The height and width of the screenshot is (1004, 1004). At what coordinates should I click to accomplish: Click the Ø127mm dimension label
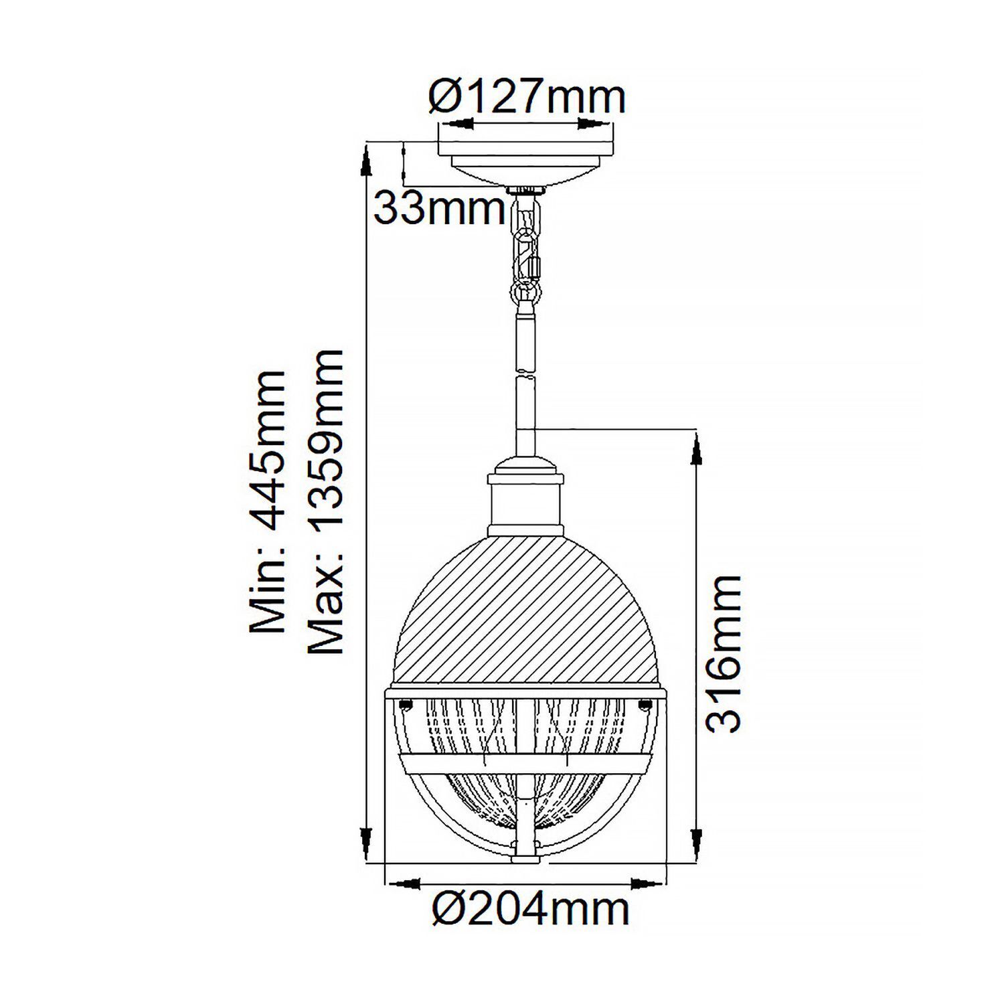(526, 98)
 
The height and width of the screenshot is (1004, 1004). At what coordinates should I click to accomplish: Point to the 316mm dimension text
(724, 653)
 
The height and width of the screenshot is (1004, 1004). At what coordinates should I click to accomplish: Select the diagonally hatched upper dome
(525, 616)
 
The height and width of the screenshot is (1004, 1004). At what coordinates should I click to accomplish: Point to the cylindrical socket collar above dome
(525, 505)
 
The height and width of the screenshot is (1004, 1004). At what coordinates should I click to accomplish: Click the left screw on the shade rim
(404, 703)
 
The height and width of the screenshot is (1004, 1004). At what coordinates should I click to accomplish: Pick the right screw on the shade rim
(646, 703)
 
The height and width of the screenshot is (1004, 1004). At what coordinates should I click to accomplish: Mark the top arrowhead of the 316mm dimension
(696, 448)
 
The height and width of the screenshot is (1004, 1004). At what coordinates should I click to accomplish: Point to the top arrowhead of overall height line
(365, 161)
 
